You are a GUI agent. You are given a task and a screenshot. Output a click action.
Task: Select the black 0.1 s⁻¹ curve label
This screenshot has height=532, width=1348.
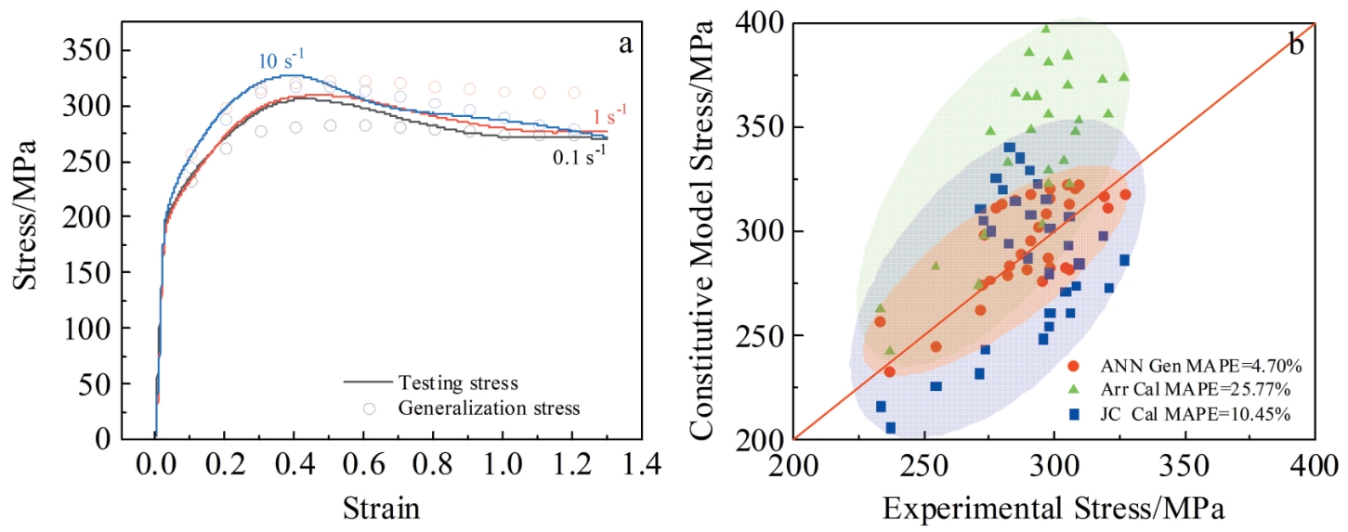click(x=580, y=157)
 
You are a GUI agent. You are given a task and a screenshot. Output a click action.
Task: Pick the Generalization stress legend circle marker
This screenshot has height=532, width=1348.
click(x=370, y=408)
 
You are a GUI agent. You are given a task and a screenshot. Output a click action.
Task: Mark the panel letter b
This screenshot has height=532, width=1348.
click(x=1296, y=44)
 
